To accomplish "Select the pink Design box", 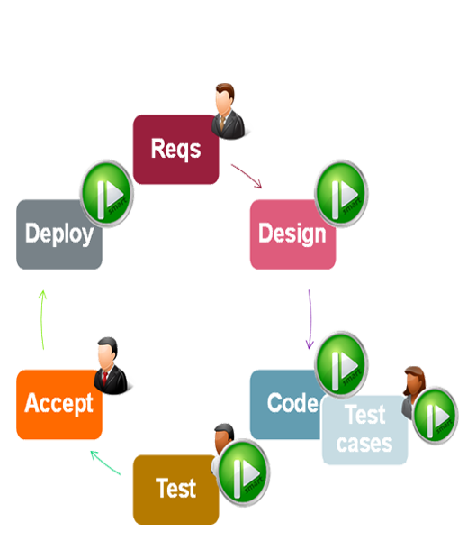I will (x=292, y=234).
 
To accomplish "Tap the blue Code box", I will (x=285, y=404).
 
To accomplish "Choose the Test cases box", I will (x=364, y=431).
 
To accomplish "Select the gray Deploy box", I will (x=58, y=234).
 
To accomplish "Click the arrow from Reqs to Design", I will (x=246, y=177).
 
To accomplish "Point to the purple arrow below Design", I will (x=309, y=319).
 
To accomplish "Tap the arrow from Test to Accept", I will (x=105, y=462).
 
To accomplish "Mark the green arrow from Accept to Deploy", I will (x=42, y=319).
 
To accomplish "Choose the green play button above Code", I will (x=342, y=362).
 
